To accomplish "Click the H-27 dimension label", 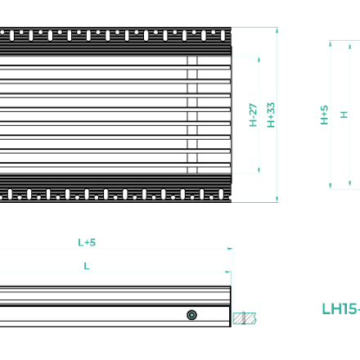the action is [253, 115].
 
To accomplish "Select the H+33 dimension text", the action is [271, 115].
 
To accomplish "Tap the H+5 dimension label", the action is [324, 115].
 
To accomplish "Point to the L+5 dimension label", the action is [87, 242].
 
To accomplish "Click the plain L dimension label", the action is [87, 266].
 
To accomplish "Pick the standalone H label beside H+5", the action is [344, 115].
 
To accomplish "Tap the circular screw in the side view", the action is [191, 315].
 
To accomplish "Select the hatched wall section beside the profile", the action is [245, 318].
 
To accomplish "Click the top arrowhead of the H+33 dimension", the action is [277, 30].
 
